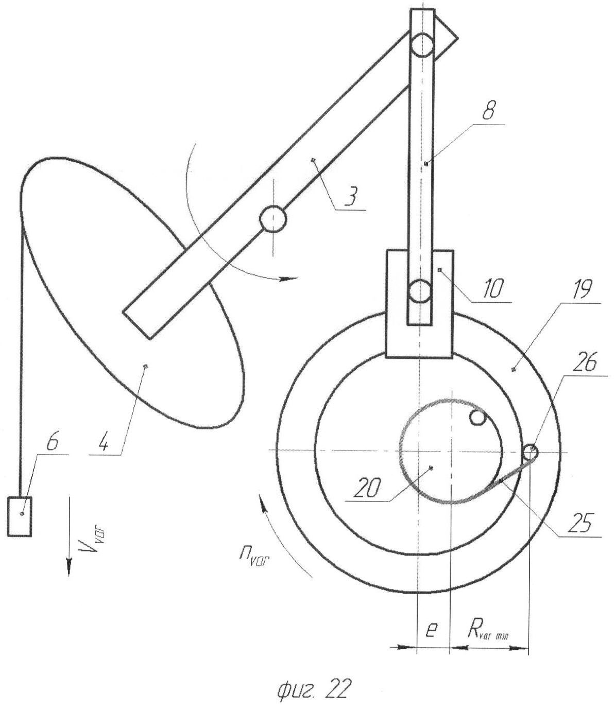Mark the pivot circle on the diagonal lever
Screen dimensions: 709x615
click(272, 219)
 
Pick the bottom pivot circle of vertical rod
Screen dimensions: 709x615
click(421, 291)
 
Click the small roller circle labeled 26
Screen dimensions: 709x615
click(530, 453)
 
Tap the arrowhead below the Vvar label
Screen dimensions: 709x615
click(68, 568)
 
